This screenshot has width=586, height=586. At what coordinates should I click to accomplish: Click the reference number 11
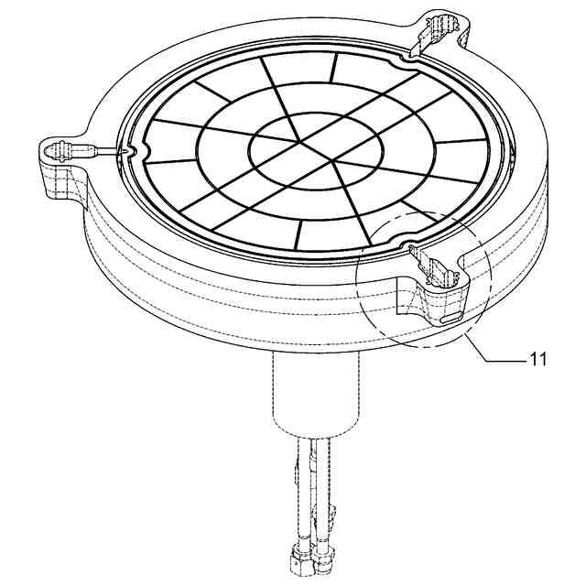tap(537, 359)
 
